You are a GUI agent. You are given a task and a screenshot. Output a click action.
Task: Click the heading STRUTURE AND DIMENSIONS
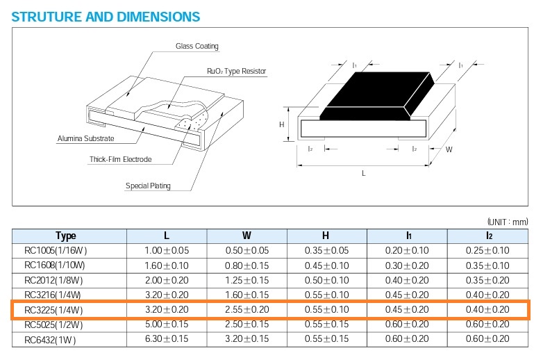[x=106, y=15]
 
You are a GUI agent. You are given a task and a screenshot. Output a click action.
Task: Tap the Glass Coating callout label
[x=197, y=47]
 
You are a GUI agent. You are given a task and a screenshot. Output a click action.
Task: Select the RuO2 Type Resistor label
[x=237, y=72]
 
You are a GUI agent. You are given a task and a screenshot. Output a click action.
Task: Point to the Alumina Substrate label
[x=85, y=139]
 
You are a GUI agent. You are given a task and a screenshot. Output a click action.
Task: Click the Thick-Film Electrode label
[x=120, y=159]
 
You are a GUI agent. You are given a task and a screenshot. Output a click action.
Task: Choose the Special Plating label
[x=148, y=186]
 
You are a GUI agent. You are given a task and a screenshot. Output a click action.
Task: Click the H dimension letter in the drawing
[x=282, y=124]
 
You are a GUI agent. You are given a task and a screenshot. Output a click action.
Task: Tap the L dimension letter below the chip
[x=363, y=173]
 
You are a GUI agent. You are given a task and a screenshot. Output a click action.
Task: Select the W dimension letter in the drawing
[x=449, y=149]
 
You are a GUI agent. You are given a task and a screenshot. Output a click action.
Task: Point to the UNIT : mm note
[x=508, y=221]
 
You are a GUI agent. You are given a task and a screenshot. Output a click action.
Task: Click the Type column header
[x=66, y=236]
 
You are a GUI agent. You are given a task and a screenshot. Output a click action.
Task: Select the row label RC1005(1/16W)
[x=56, y=250]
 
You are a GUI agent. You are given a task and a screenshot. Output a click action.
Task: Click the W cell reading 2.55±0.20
[x=247, y=309]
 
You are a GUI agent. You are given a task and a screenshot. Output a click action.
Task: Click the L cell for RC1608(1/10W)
[x=167, y=265]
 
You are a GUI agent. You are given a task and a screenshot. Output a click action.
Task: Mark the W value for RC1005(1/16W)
[x=247, y=250]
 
